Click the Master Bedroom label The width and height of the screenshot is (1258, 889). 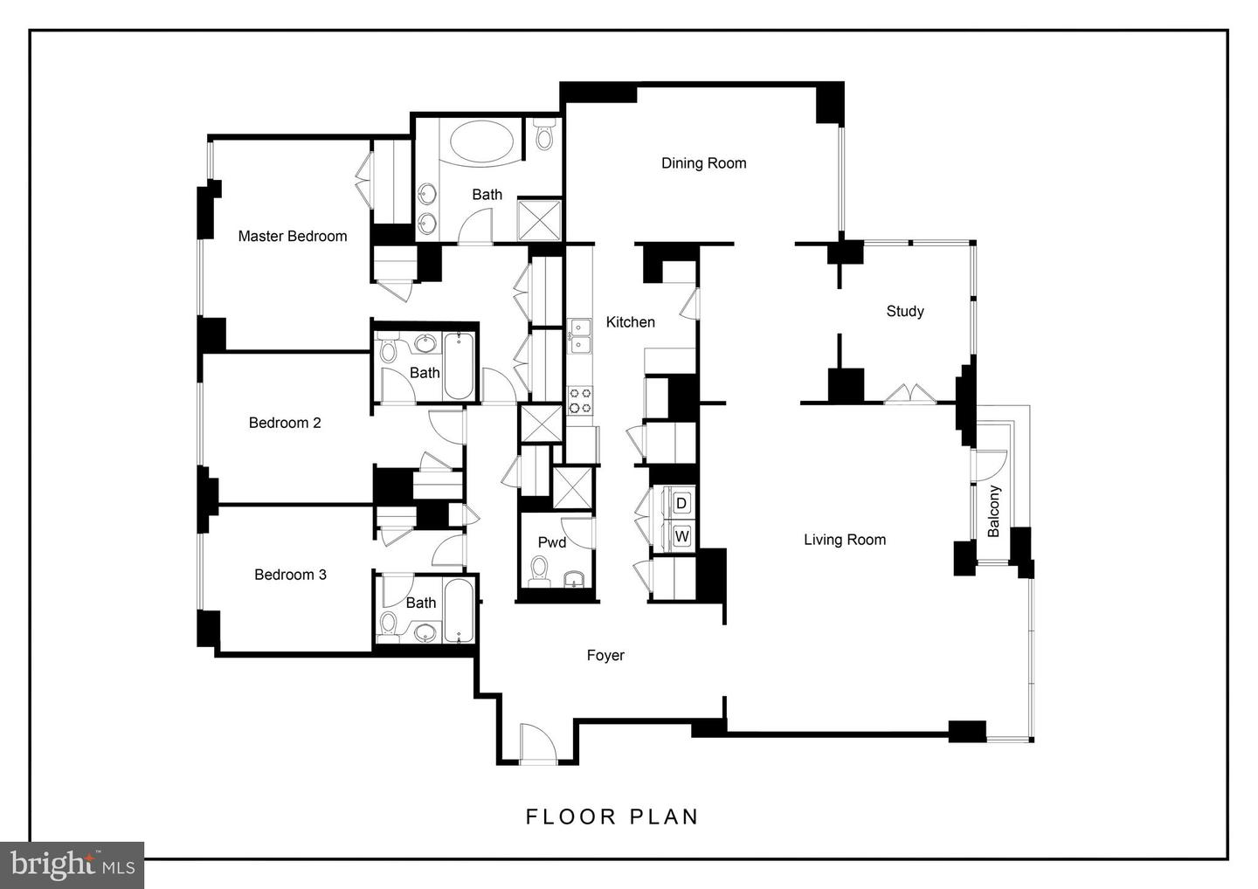pyautogui.click(x=292, y=236)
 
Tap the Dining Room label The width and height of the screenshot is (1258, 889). pyautogui.click(x=703, y=162)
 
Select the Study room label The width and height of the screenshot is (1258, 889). pyautogui.click(x=904, y=311)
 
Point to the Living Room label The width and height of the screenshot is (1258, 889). pyautogui.click(x=844, y=540)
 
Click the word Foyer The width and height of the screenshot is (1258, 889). pyautogui.click(x=605, y=655)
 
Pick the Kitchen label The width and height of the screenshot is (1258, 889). pyautogui.click(x=630, y=322)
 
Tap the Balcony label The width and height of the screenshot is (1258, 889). pyautogui.click(x=993, y=511)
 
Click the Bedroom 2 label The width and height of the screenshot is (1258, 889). pyautogui.click(x=285, y=423)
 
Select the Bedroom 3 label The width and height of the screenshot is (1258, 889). pyautogui.click(x=290, y=575)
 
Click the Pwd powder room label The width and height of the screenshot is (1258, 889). pyautogui.click(x=551, y=542)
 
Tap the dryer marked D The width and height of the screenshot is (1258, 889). pyautogui.click(x=681, y=503)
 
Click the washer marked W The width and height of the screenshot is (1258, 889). pyautogui.click(x=681, y=535)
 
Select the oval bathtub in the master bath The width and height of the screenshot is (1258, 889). pyautogui.click(x=485, y=141)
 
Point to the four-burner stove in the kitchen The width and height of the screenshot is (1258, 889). pyautogui.click(x=579, y=400)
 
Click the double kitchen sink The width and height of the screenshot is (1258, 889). pyautogui.click(x=579, y=336)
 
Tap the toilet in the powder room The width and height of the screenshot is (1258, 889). pyautogui.click(x=538, y=573)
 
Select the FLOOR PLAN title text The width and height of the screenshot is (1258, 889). pyautogui.click(x=612, y=817)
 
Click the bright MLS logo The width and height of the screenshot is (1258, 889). pyautogui.click(x=72, y=865)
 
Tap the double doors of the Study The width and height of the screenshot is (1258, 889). pyautogui.click(x=909, y=394)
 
